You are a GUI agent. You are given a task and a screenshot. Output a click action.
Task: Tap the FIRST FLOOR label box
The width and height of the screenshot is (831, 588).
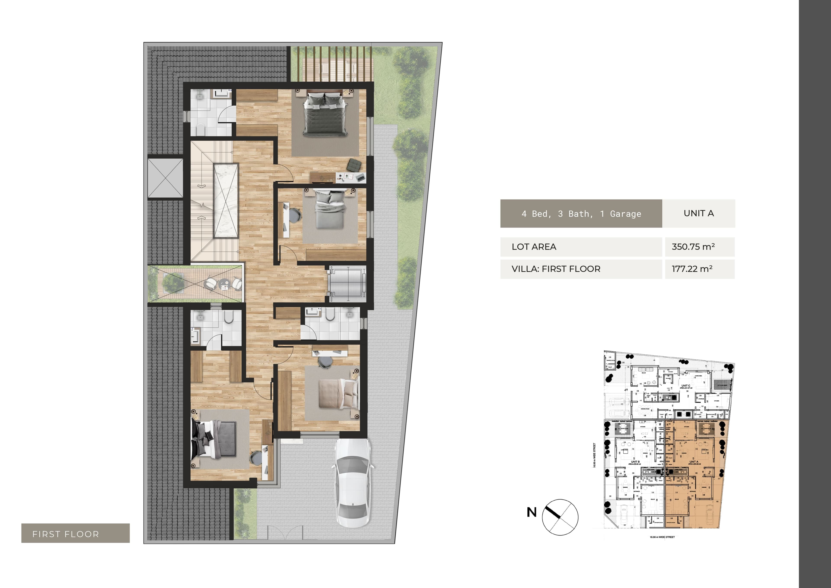[x=75, y=533]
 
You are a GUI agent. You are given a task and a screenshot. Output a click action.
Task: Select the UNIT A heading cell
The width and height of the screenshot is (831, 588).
[x=699, y=213]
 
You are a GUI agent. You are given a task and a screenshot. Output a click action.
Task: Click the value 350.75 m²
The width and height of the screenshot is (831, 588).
[x=693, y=247]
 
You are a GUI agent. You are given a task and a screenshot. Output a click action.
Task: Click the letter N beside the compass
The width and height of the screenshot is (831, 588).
[x=531, y=512]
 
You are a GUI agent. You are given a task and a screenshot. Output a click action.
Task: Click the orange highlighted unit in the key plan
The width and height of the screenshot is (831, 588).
[x=693, y=474]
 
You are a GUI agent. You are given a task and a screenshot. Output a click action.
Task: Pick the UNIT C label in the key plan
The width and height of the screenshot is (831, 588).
[x=685, y=386]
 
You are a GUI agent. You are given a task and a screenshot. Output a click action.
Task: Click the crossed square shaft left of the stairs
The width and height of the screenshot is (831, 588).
[x=165, y=178]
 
